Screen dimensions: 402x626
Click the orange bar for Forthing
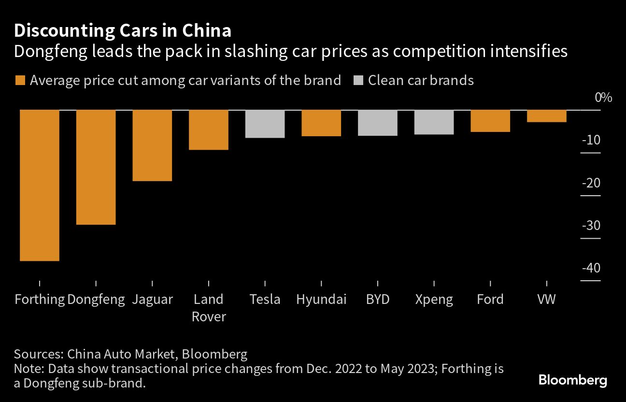pyautogui.click(x=40, y=186)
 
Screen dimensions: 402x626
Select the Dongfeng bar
pyautogui.click(x=96, y=167)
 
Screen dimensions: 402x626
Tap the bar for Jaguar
pyautogui.click(x=152, y=145)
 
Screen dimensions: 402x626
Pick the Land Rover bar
pyautogui.click(x=208, y=130)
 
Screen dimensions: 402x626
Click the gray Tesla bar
pyautogui.click(x=265, y=124)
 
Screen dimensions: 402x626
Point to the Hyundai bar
pyautogui.click(x=321, y=123)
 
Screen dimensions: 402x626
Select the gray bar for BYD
pyautogui.click(x=378, y=123)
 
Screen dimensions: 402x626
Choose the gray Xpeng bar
pyautogui.click(x=434, y=122)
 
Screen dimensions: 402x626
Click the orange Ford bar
pyautogui.click(x=490, y=121)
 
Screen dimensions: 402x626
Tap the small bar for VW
pyautogui.click(x=547, y=116)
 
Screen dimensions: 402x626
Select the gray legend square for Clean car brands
pyautogui.click(x=358, y=80)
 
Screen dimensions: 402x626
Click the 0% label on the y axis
pyautogui.click(x=603, y=98)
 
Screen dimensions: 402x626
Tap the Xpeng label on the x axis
pyautogui.click(x=434, y=300)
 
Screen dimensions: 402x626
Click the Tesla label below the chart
pyautogui.click(x=265, y=300)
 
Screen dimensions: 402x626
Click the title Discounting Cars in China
pyautogui.click(x=123, y=31)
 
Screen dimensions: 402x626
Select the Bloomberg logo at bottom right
pyautogui.click(x=573, y=380)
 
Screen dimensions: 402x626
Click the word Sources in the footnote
pyautogui.click(x=36, y=354)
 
